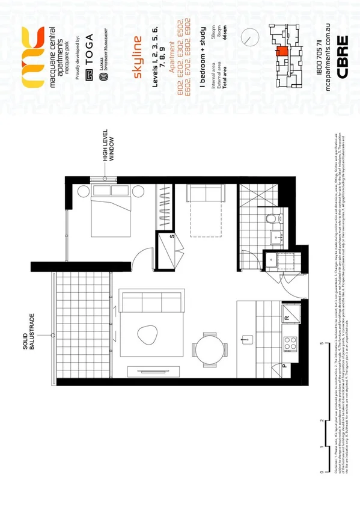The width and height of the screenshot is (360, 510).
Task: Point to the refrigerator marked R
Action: pyautogui.click(x=288, y=316)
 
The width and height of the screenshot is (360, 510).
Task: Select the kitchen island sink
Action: pyautogui.click(x=245, y=340)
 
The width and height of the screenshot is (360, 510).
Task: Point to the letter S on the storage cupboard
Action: pyautogui.click(x=172, y=236)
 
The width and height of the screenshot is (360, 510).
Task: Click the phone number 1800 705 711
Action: pyautogui.click(x=319, y=48)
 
